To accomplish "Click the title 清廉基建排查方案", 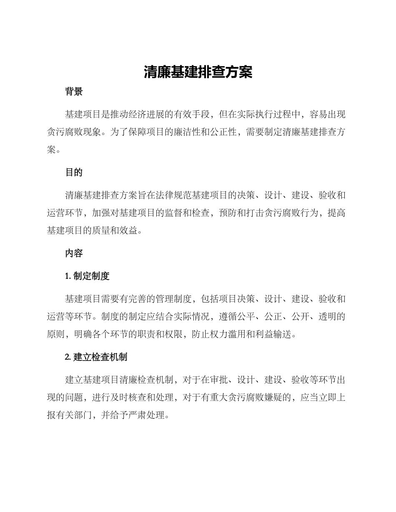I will pos(198,72).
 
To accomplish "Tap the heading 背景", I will pos(74,92).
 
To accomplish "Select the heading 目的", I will pos(74,172).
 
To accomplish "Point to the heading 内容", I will pos(74,253).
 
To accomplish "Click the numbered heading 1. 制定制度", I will pos(87,276).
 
